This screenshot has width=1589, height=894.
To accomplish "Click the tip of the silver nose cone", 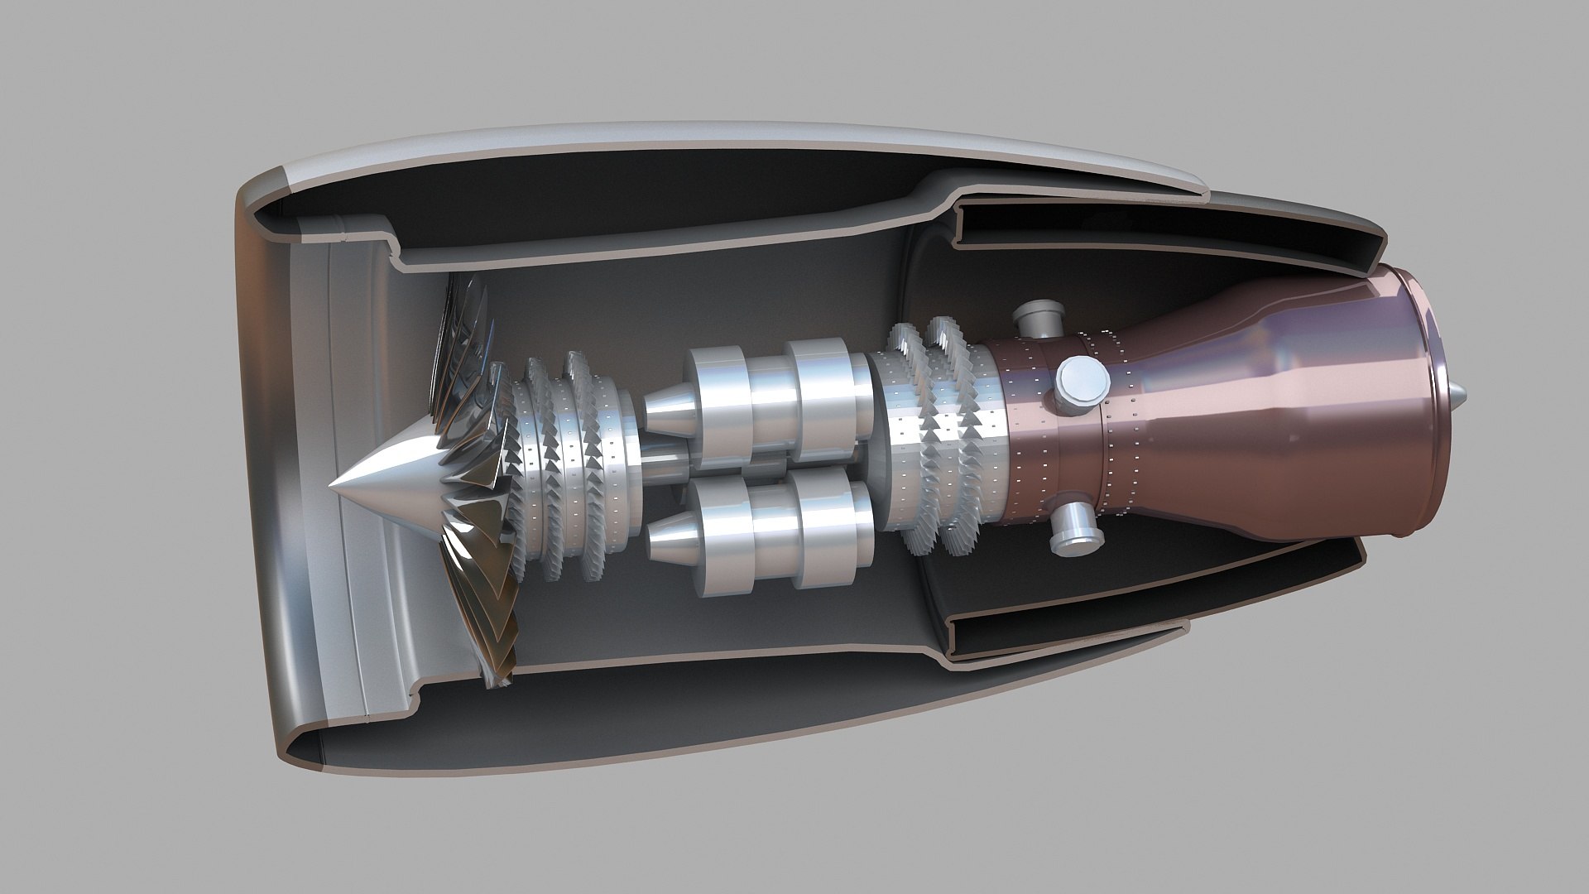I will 332,483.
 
